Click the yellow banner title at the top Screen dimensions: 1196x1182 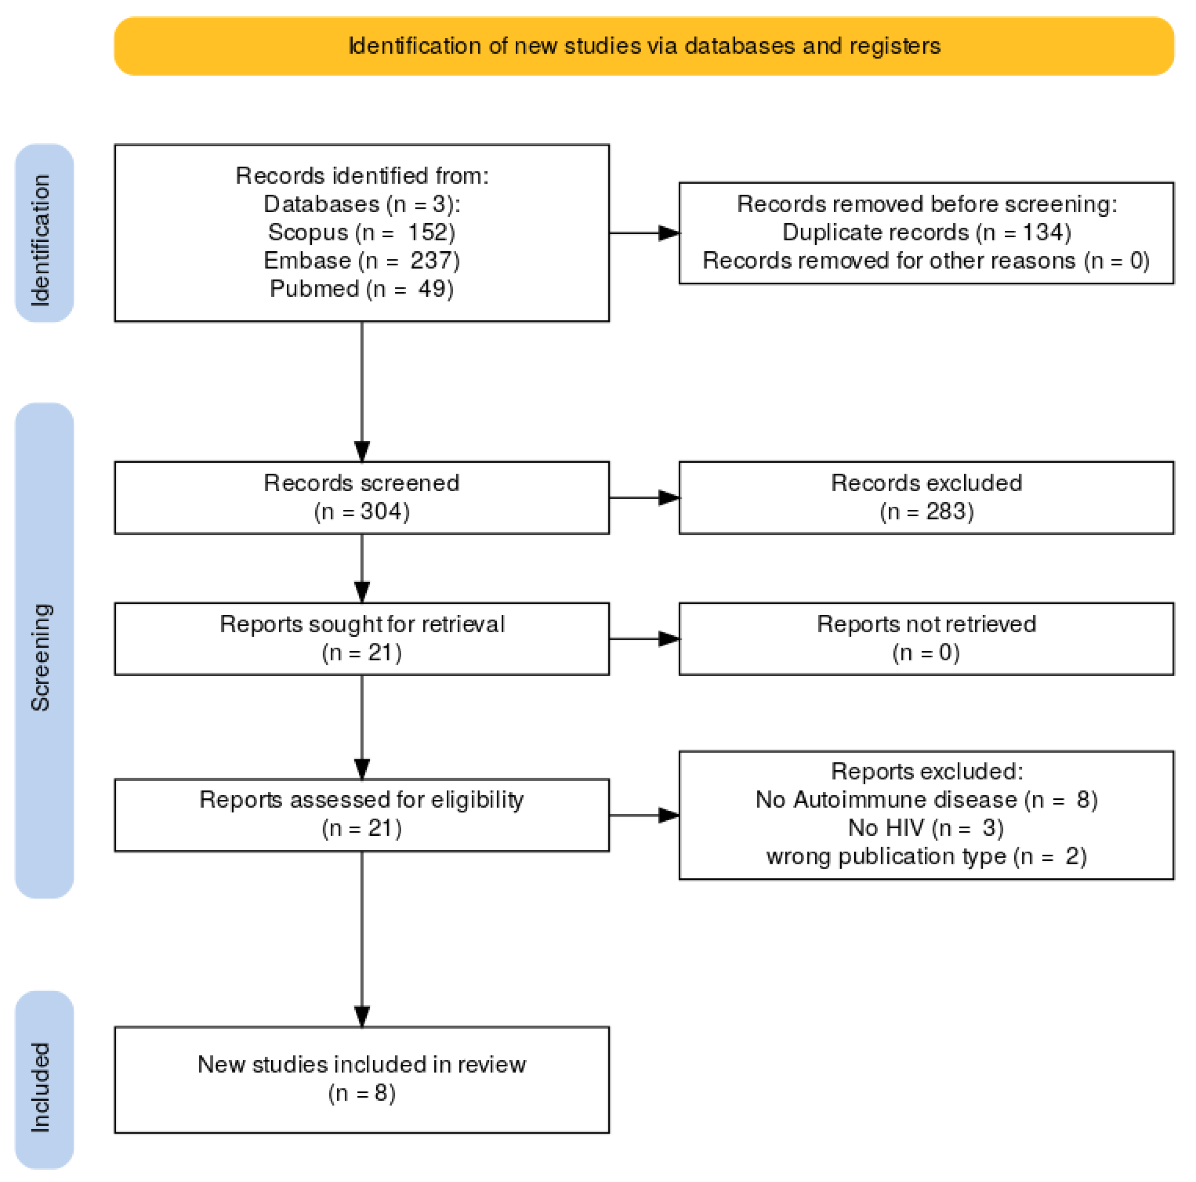[644, 46]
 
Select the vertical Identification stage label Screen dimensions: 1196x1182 [41, 240]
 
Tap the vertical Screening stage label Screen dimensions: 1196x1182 [41, 657]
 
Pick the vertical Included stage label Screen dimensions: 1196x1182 [41, 1088]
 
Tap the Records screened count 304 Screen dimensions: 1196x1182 [380, 511]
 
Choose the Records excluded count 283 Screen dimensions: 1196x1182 [945, 511]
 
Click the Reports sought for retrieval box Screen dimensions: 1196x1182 [362, 638]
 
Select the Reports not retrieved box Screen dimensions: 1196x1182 [926, 638]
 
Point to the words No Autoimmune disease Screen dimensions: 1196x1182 [887, 799]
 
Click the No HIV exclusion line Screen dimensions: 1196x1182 [926, 828]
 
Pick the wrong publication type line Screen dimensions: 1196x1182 [926, 856]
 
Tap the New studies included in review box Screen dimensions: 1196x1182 [362, 1080]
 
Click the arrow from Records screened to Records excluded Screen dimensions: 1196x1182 [644, 497]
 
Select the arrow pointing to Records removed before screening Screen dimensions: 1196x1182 [644, 233]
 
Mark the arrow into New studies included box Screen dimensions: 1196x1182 [362, 939]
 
